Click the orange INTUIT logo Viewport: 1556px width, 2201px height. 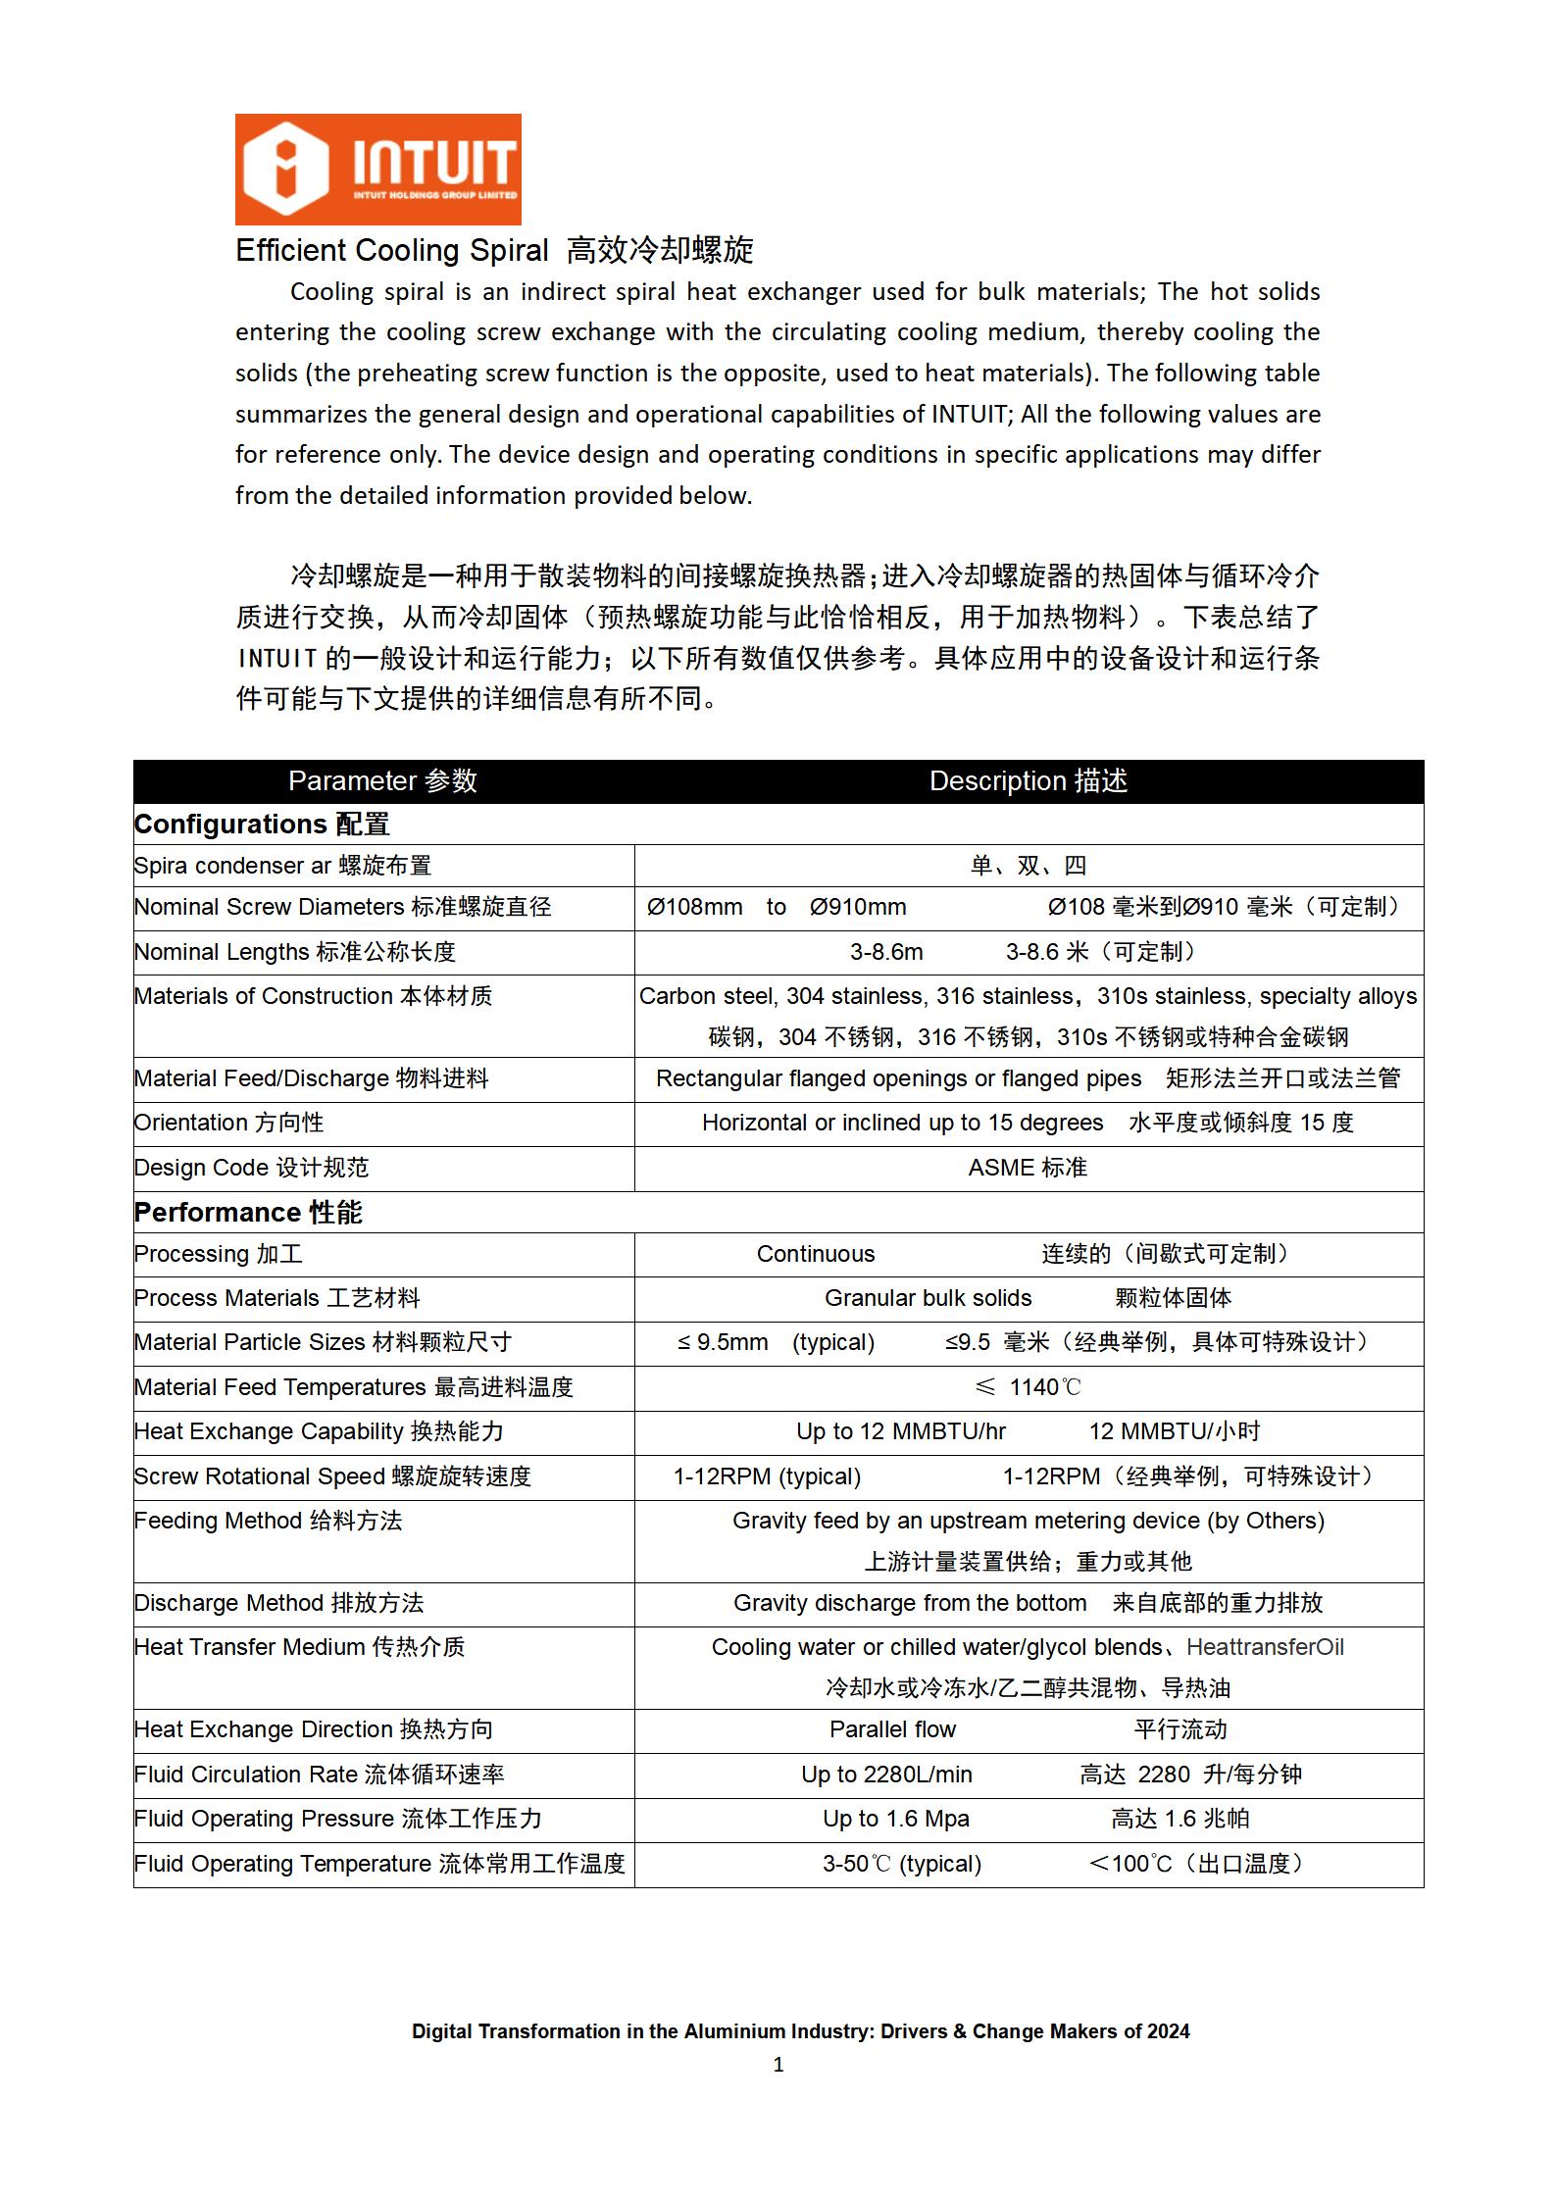pyautogui.click(x=377, y=169)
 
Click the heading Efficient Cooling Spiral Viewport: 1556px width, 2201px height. pyautogui.click(x=392, y=251)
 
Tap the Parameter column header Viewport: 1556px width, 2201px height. pyautogui.click(x=382, y=780)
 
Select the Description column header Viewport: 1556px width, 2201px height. pyautogui.click(x=1028, y=780)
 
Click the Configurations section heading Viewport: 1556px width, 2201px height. pyautogui.click(x=262, y=825)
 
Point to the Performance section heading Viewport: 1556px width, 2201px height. pyautogui.click(x=248, y=1213)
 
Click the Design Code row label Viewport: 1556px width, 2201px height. pyautogui.click(x=251, y=1168)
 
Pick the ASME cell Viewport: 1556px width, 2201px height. pyautogui.click(x=1028, y=1168)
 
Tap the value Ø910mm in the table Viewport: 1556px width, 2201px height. pyautogui.click(x=858, y=907)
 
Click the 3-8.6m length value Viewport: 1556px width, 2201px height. pyautogui.click(x=886, y=952)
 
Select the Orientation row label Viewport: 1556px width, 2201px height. pyautogui.click(x=228, y=1123)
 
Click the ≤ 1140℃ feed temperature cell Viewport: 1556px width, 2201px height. pyautogui.click(x=1028, y=1387)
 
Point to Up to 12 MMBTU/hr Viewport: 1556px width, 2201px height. pyautogui.click(x=901, y=1431)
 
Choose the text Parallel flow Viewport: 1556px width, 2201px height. pyautogui.click(x=892, y=1729)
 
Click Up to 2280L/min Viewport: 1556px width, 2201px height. pyautogui.click(x=886, y=1775)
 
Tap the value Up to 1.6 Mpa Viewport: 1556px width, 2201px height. pyautogui.click(x=896, y=1819)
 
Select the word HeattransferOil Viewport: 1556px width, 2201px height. pyautogui.click(x=1265, y=1647)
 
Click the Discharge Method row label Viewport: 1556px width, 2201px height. pyautogui.click(x=278, y=1603)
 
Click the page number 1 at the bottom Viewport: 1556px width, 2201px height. pyautogui.click(x=778, y=2065)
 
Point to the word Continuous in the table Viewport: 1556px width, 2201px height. pyautogui.click(x=816, y=1254)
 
